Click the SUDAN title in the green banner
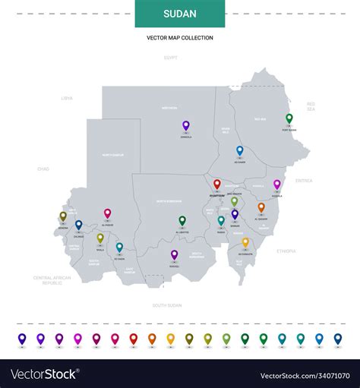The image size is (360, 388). [x=180, y=14]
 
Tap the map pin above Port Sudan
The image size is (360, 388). [x=289, y=119]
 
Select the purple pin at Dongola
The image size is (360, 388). [x=185, y=126]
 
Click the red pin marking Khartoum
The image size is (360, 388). [x=216, y=185]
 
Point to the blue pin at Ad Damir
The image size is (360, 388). [x=239, y=151]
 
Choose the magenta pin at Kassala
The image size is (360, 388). [x=277, y=185]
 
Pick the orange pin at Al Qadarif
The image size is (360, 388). [x=261, y=207]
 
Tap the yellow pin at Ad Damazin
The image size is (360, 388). [x=245, y=243]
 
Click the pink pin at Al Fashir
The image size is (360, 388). [x=107, y=214]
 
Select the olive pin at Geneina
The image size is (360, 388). [x=63, y=217]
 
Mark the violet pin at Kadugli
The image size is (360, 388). [x=174, y=255]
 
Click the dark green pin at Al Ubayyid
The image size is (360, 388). [x=182, y=221]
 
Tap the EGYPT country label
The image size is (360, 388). [x=171, y=58]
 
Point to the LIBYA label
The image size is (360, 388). [x=67, y=98]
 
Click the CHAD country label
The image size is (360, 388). [x=43, y=169]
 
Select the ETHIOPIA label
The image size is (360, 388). [x=287, y=250]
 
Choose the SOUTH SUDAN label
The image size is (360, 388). [x=167, y=304]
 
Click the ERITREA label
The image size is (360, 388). [x=304, y=181]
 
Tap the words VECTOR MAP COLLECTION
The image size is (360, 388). [x=180, y=37]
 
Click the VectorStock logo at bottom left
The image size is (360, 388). [x=43, y=374]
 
